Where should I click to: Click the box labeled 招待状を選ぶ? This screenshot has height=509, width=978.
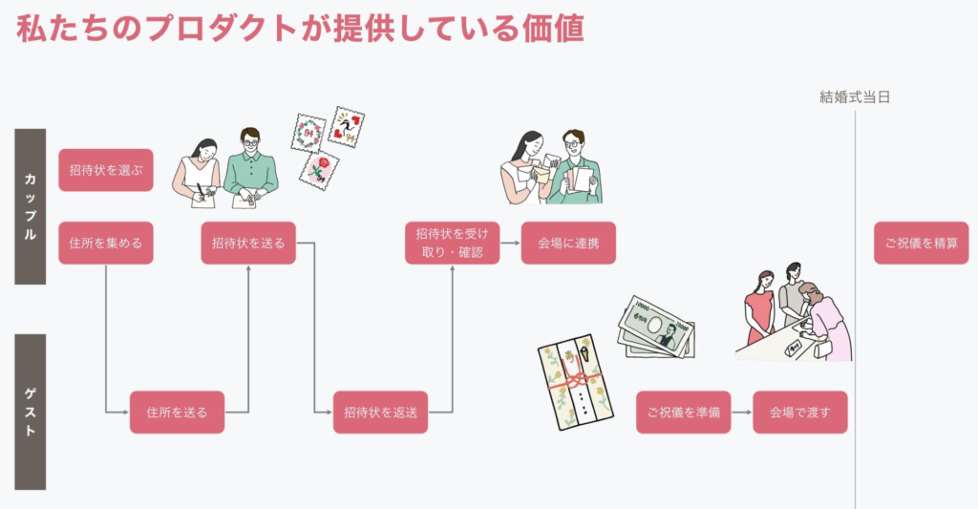(x=105, y=170)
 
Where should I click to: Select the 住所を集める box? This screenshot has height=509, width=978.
(x=105, y=243)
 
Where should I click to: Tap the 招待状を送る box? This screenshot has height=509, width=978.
(x=248, y=243)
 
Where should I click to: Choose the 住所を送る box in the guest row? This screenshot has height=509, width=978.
(x=177, y=413)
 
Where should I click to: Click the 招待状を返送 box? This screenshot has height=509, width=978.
(x=380, y=413)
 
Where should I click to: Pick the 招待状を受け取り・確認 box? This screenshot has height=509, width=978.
(x=452, y=243)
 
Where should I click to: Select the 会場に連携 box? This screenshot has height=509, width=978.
(x=568, y=243)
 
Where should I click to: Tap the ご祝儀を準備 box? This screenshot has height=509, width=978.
(x=683, y=413)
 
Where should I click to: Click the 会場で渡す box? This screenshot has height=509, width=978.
(x=800, y=413)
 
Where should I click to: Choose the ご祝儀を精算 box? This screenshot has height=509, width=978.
(x=921, y=243)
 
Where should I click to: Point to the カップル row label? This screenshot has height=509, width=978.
(x=31, y=206)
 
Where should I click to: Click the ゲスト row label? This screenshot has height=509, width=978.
(x=31, y=412)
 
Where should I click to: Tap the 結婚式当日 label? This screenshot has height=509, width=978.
(x=855, y=96)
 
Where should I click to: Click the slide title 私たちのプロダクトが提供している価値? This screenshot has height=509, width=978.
(x=300, y=29)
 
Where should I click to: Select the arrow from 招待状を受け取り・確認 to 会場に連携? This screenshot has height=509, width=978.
(x=510, y=243)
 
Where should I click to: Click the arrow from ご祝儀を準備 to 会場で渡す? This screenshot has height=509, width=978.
(x=742, y=413)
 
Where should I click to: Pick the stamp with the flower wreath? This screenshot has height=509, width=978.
(x=309, y=134)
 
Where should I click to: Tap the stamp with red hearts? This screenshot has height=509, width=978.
(x=347, y=127)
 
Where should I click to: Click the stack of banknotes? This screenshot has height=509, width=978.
(x=658, y=327)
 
